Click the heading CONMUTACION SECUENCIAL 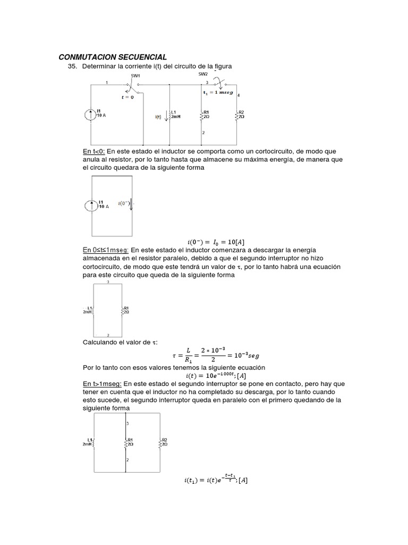tap(113, 57)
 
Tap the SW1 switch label tap(135, 76)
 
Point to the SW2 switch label tap(203, 75)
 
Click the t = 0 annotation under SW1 tap(128, 97)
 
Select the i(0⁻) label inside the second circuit tap(124, 203)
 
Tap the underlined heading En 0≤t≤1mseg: tap(106, 250)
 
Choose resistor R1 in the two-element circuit tap(125, 310)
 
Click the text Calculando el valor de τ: tap(120, 342)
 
